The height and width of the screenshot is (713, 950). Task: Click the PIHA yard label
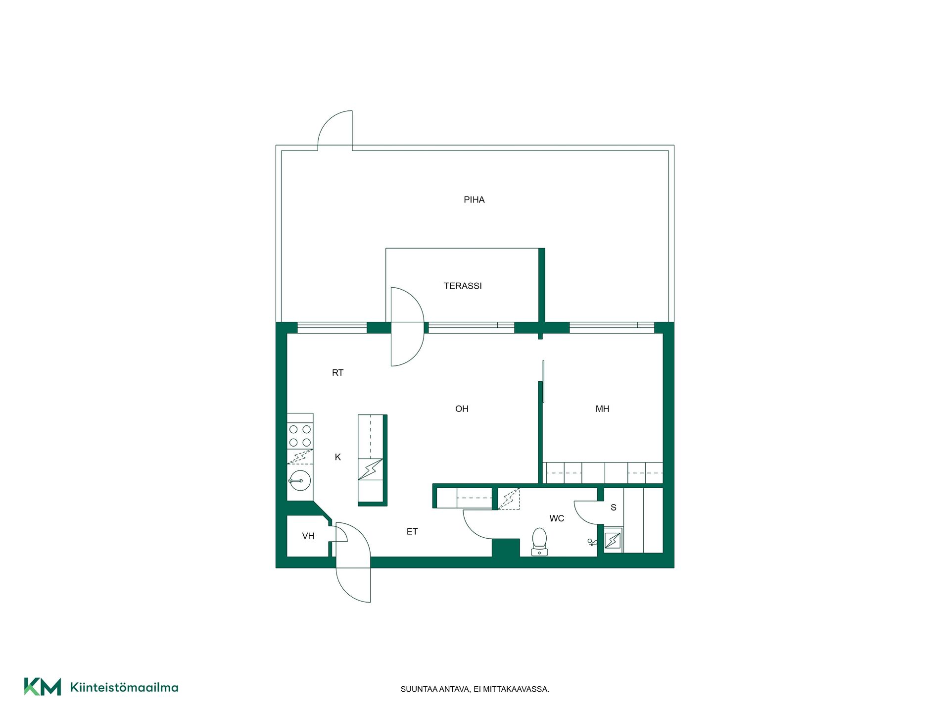(474, 200)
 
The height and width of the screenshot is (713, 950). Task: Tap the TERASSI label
(463, 286)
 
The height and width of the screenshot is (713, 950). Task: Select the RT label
(337, 373)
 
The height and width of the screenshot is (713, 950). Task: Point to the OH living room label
(462, 409)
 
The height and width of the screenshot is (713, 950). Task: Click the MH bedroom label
(602, 409)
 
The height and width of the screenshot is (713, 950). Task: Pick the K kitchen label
(338, 457)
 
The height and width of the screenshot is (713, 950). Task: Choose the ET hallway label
(412, 532)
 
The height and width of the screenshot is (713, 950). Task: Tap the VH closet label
(308, 536)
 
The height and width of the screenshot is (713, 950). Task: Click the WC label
(557, 518)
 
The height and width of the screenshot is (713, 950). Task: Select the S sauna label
(614, 508)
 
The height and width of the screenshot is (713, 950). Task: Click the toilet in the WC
(539, 542)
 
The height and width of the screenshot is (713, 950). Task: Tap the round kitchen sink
(299, 480)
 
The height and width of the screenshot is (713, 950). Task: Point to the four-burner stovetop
(300, 436)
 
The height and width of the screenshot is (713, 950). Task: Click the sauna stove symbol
(613, 540)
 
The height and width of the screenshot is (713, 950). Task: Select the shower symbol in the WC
(592, 543)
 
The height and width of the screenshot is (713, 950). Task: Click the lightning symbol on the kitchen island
(371, 469)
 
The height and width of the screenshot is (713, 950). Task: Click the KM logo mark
(43, 687)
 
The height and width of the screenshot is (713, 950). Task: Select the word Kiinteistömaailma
(124, 687)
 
